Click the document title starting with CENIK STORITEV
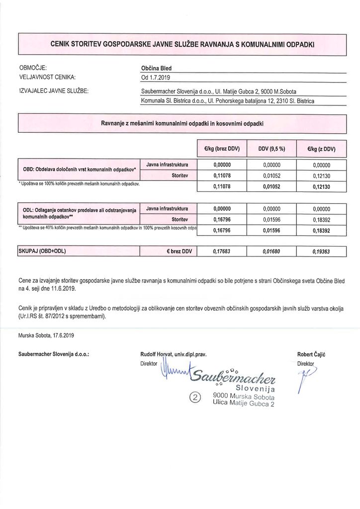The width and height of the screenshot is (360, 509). tap(182, 44)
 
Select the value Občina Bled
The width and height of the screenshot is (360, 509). tap(156, 69)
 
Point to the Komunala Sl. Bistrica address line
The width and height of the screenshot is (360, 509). tap(228, 101)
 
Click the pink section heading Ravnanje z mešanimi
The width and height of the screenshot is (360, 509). tap(182, 123)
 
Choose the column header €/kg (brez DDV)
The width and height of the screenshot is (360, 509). tap(222, 148)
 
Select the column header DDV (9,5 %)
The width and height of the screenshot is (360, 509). tap(271, 148)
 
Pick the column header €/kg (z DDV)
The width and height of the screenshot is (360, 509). tap(322, 148)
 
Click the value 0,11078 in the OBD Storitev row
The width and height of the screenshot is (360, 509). tap(222, 175)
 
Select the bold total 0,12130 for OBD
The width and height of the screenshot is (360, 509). tap(322, 187)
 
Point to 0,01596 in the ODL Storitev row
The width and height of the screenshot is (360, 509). tap(271, 219)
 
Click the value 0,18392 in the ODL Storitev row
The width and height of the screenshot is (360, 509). tap(322, 219)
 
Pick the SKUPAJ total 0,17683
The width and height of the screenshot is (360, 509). tap(222, 252)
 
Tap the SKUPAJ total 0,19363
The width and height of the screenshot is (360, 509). tap(322, 252)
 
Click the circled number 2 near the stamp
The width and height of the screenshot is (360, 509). tap(195, 397)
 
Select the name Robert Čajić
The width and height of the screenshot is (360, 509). tap(311, 354)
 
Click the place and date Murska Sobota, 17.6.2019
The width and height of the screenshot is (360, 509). tap(46, 336)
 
